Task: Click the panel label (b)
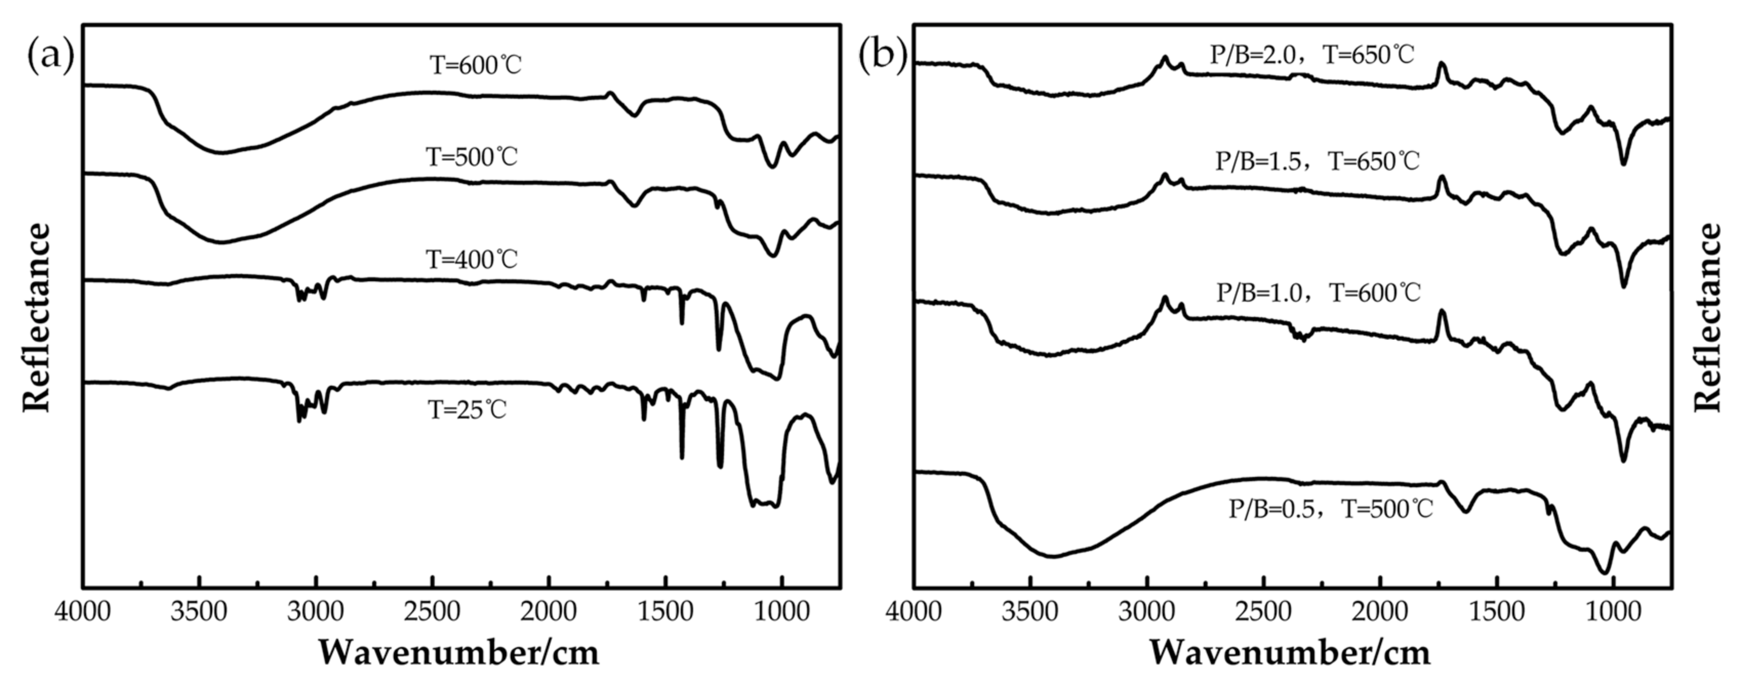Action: coord(882,55)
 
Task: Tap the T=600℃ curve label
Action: coord(476,66)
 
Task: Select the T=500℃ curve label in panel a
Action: coord(471,157)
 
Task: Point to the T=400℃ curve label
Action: coord(471,259)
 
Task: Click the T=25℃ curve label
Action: coord(467,410)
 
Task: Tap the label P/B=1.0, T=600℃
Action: coord(1319,293)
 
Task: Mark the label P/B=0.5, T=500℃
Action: coord(1330,509)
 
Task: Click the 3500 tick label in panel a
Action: coord(199,612)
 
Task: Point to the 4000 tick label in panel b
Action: coord(914,612)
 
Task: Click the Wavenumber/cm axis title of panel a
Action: coord(459,653)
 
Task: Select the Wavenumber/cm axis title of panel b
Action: coord(1290,653)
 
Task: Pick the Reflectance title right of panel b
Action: coord(1708,318)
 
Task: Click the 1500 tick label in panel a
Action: coord(666,612)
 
